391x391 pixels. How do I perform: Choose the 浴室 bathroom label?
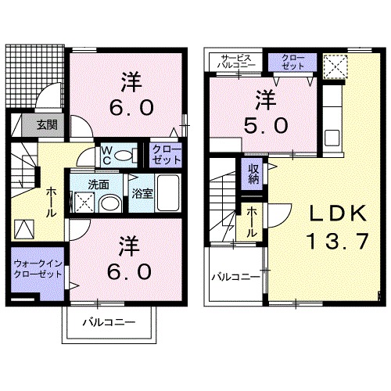coord(141,192)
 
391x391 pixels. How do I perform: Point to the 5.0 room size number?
coord(267,124)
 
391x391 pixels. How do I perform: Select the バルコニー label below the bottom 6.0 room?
coord(109,322)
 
